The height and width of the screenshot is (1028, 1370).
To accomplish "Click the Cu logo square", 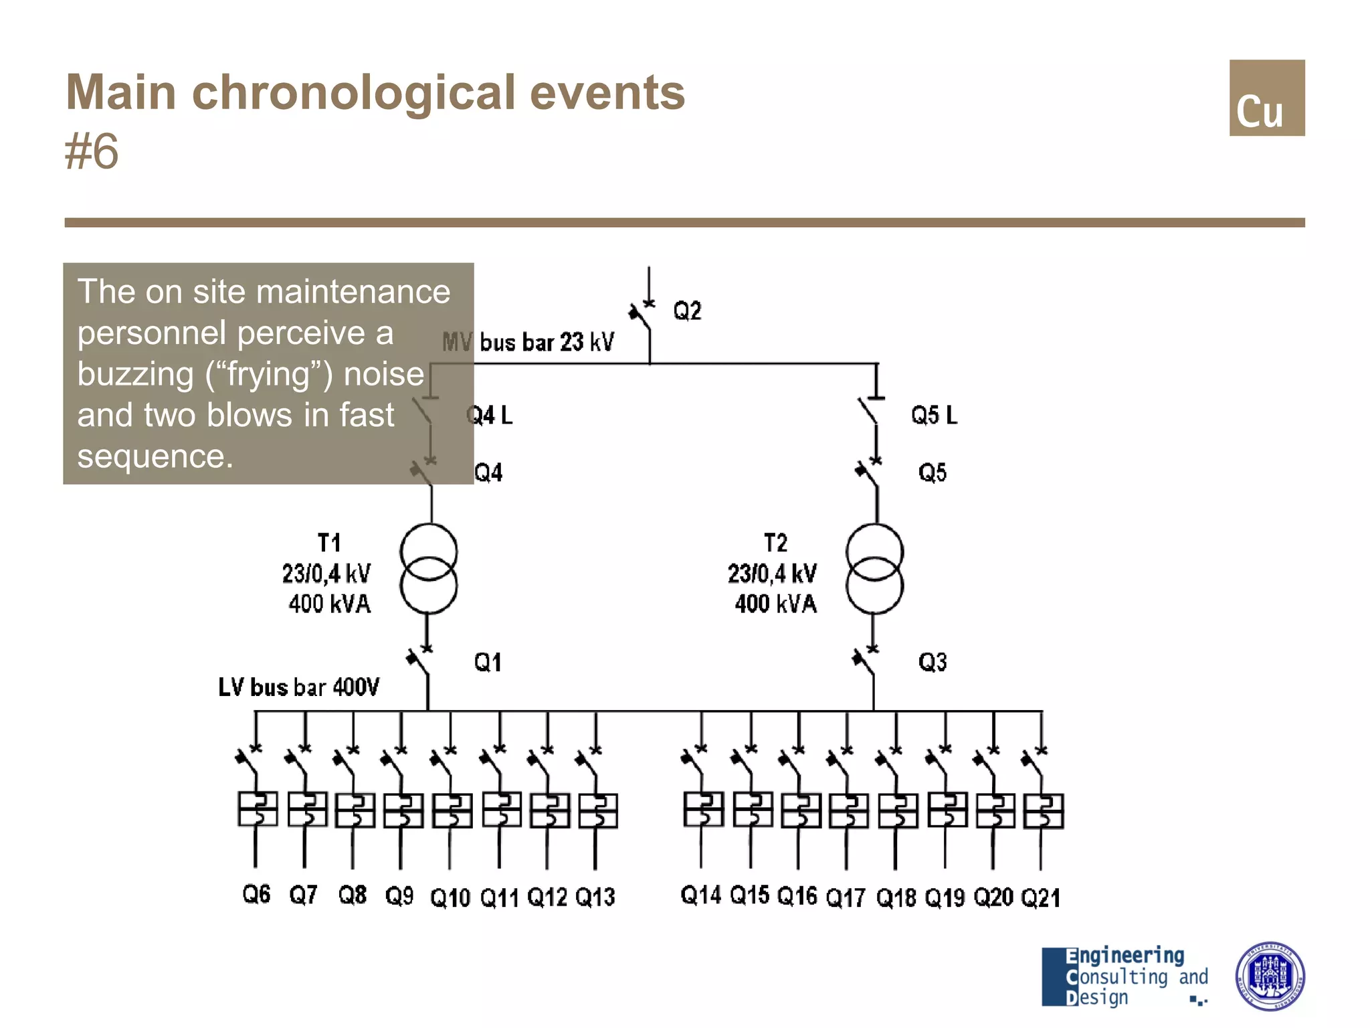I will click(x=1266, y=98).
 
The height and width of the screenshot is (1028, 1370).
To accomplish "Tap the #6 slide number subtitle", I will click(x=92, y=152).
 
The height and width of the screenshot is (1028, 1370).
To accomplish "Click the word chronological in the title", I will click(x=353, y=92).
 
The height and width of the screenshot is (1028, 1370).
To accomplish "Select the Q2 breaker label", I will click(x=687, y=311).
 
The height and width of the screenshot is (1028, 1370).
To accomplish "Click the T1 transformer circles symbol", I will click(x=429, y=569).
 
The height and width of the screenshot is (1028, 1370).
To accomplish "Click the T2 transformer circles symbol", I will click(x=874, y=569).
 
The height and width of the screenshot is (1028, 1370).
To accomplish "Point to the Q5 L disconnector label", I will click(x=934, y=415).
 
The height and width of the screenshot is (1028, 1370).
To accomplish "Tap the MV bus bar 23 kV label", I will click(x=528, y=342).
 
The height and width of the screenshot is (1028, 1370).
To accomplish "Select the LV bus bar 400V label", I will click(x=298, y=687).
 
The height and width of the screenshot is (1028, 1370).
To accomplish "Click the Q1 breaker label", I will click(x=488, y=663).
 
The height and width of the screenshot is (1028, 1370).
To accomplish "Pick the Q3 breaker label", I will click(x=933, y=663).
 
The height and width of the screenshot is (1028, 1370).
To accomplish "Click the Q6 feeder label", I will click(x=256, y=894).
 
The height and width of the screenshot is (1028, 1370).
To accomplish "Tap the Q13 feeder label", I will click(x=595, y=897).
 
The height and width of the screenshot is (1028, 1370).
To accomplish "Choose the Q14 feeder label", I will click(x=700, y=895).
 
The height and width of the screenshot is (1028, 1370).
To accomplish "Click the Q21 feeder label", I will click(x=1040, y=897).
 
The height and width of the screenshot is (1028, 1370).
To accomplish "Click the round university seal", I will click(x=1270, y=976).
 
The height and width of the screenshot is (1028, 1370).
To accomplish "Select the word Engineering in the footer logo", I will click(x=1125, y=956).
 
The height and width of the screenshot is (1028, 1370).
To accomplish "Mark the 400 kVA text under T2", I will click(x=775, y=604).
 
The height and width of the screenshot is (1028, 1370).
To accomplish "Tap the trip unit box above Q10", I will click(x=452, y=810).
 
